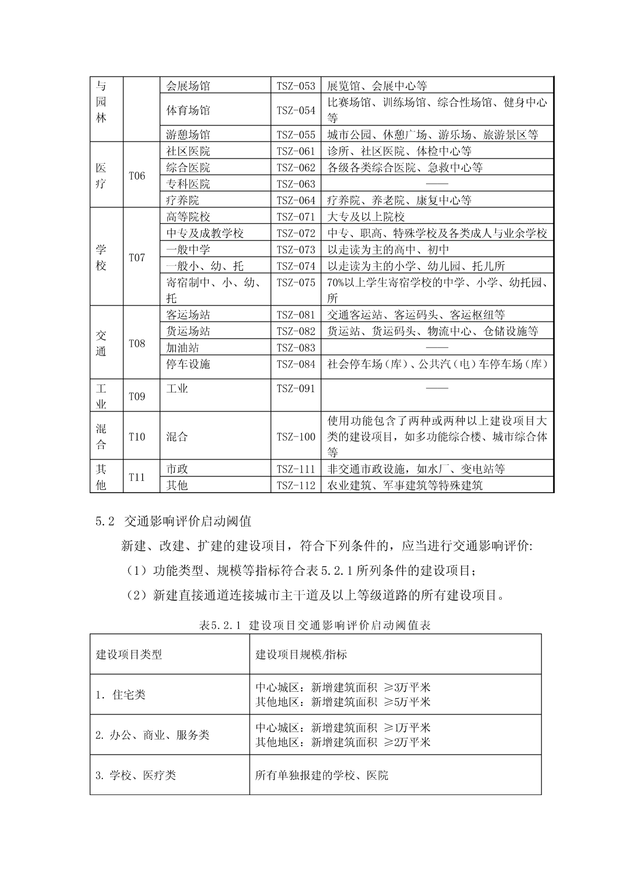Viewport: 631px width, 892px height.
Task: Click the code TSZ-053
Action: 296,86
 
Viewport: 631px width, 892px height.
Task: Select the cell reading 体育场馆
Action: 188,110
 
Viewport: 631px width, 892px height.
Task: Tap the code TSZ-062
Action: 296,168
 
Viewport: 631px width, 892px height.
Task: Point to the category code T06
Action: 137,176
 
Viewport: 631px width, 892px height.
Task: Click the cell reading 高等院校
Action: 188,217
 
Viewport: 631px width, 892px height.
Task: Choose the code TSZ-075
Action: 296,282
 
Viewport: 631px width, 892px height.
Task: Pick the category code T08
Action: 137,343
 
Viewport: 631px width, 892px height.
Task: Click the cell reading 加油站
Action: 183,348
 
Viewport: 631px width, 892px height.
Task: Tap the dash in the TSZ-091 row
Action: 437,388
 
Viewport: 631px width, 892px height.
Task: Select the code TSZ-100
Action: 296,437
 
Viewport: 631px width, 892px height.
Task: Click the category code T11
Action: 137,477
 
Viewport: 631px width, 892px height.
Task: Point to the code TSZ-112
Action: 296,485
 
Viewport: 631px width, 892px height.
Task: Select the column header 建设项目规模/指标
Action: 301,654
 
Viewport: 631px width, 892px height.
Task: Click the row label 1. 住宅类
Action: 120,694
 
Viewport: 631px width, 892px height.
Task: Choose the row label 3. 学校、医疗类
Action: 135,775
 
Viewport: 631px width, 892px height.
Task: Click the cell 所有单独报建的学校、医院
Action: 322,775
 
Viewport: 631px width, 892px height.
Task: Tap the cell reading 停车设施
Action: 188,364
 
